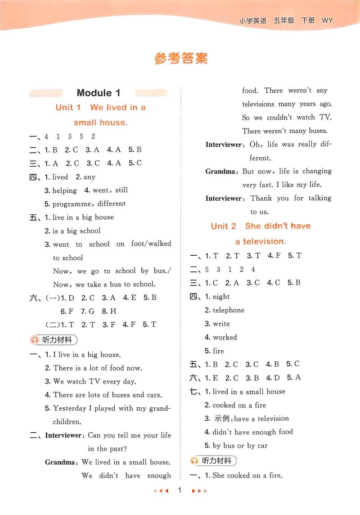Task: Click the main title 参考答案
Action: coord(181,59)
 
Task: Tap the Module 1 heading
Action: coord(99,93)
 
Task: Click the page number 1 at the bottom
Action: coord(180,490)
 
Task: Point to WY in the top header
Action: coord(327,21)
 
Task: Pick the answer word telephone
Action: coord(229,310)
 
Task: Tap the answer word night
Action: coord(221,297)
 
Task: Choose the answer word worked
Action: coord(225,337)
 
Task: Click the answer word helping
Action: coord(65,190)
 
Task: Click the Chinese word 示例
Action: coord(222,419)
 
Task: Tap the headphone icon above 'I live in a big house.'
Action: coord(35,340)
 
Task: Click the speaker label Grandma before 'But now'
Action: coord(221,172)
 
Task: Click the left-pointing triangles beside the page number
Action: coord(161,491)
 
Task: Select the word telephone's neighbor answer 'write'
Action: coord(221,324)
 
